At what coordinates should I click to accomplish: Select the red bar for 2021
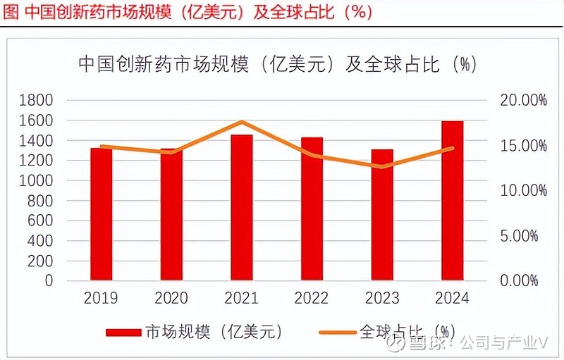pyautogui.click(x=241, y=207)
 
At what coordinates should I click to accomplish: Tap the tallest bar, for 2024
pyautogui.click(x=452, y=201)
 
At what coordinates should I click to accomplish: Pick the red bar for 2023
pyautogui.click(x=382, y=215)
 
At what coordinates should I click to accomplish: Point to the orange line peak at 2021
pyautogui.click(x=241, y=122)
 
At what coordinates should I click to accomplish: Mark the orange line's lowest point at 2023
pyautogui.click(x=382, y=167)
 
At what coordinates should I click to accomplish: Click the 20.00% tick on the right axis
pyautogui.click(x=522, y=101)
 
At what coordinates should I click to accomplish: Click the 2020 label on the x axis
pyautogui.click(x=171, y=298)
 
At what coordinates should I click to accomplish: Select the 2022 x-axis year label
pyautogui.click(x=312, y=298)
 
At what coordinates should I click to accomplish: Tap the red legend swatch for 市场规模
pyautogui.click(x=123, y=331)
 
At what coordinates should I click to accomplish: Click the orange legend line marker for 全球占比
pyautogui.click(x=337, y=331)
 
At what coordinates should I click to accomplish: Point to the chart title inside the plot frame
pyautogui.click(x=277, y=66)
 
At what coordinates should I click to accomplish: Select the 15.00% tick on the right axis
pyautogui.click(x=522, y=146)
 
